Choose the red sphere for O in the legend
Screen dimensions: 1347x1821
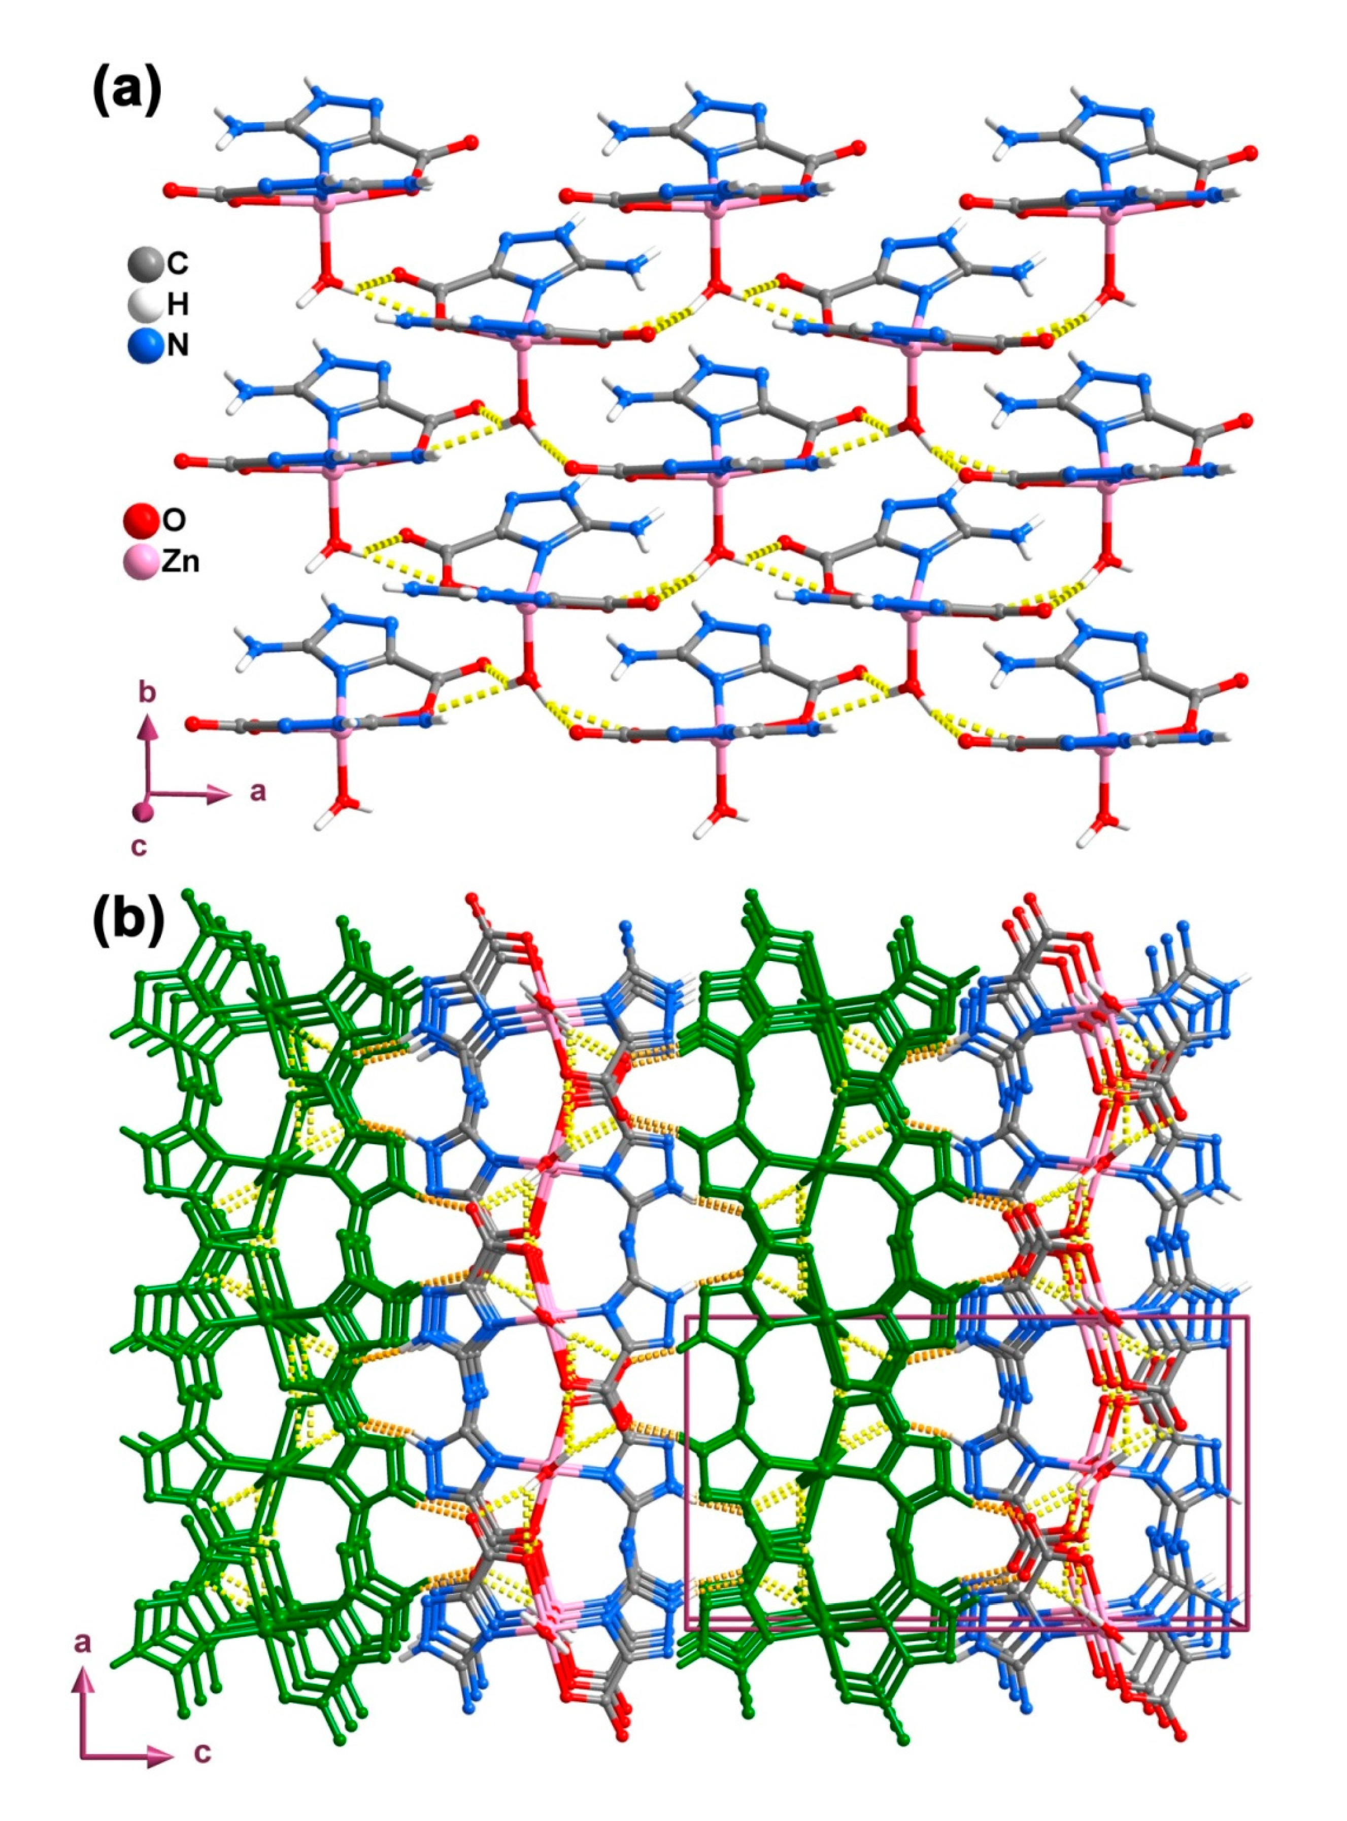[x=140, y=519]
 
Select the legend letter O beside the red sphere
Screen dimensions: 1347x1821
[x=174, y=519]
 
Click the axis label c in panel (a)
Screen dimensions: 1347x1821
[x=140, y=846]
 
